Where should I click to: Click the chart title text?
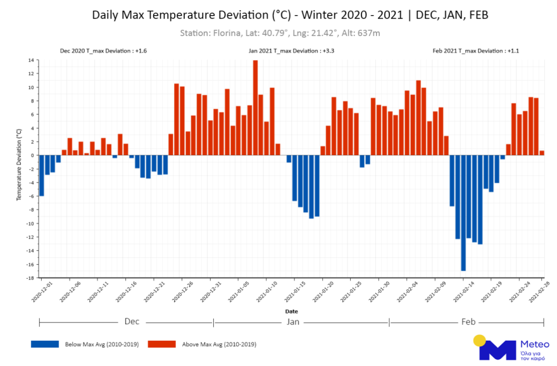pyautogui.click(x=290, y=15)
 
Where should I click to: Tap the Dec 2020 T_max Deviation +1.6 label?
pyautogui.click(x=98, y=51)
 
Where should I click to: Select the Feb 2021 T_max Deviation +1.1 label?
pyautogui.click(x=475, y=51)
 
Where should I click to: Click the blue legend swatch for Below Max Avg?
pyautogui.click(x=44, y=344)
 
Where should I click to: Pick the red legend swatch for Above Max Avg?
pyautogui.click(x=161, y=344)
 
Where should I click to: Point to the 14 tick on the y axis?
pyautogui.click(x=30, y=60)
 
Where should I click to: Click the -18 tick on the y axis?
pyautogui.click(x=29, y=277)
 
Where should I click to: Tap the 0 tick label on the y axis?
pyautogui.click(x=32, y=155)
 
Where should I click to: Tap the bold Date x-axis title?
pyautogui.click(x=291, y=311)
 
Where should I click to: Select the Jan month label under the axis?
pyautogui.click(x=293, y=322)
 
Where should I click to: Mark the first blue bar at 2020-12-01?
pyautogui.click(x=42, y=175)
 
